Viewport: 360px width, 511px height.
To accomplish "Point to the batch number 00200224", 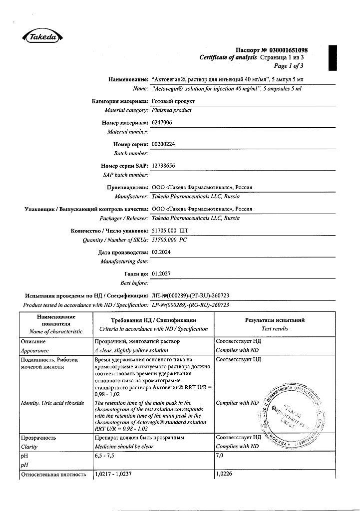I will pos(163,144).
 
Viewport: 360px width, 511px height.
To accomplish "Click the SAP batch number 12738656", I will pos(163,166).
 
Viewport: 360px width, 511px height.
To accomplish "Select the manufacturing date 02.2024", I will pos(161,253).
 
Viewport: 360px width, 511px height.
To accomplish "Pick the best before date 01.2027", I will pos(161,274).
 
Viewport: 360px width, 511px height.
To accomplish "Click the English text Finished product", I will pos(171,110).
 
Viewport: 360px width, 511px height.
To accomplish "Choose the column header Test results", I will pos(275,329).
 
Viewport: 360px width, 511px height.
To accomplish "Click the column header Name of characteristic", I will pos(56,331).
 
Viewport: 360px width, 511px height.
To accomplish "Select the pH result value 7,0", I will pos(220,456).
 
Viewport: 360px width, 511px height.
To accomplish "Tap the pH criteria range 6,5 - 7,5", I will pos(105,456).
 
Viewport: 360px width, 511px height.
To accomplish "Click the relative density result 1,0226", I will pos(224,475).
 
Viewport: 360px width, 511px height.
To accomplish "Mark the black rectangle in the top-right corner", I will pos(333,57).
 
